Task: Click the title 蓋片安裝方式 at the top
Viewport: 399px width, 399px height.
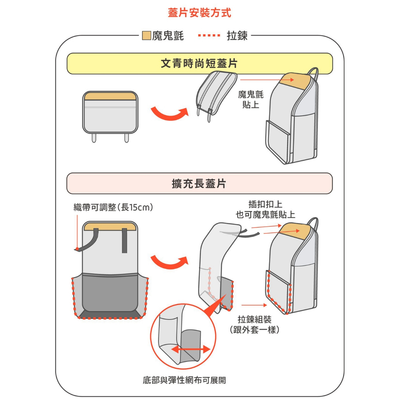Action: pyautogui.click(x=199, y=13)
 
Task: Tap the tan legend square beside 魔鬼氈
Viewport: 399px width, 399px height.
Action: pyautogui.click(x=147, y=36)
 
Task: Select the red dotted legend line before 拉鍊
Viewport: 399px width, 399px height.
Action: pyautogui.click(x=210, y=36)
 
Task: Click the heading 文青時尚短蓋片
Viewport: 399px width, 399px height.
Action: pyautogui.click(x=199, y=64)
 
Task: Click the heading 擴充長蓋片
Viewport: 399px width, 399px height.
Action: pyautogui.click(x=199, y=184)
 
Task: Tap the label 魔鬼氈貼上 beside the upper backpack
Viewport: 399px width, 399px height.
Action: pyautogui.click(x=251, y=99)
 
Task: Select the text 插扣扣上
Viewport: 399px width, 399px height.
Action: pyautogui.click(x=265, y=204)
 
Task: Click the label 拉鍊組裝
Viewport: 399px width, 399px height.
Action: pyautogui.click(x=254, y=320)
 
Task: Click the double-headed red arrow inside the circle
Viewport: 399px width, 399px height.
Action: pyautogui.click(x=191, y=349)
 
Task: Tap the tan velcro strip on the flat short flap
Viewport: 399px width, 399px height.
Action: pyautogui.click(x=110, y=96)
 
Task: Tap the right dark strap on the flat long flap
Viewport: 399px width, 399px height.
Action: pyautogui.click(x=124, y=240)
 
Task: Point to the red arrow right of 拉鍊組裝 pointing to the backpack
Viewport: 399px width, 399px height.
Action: pyautogui.click(x=252, y=305)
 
